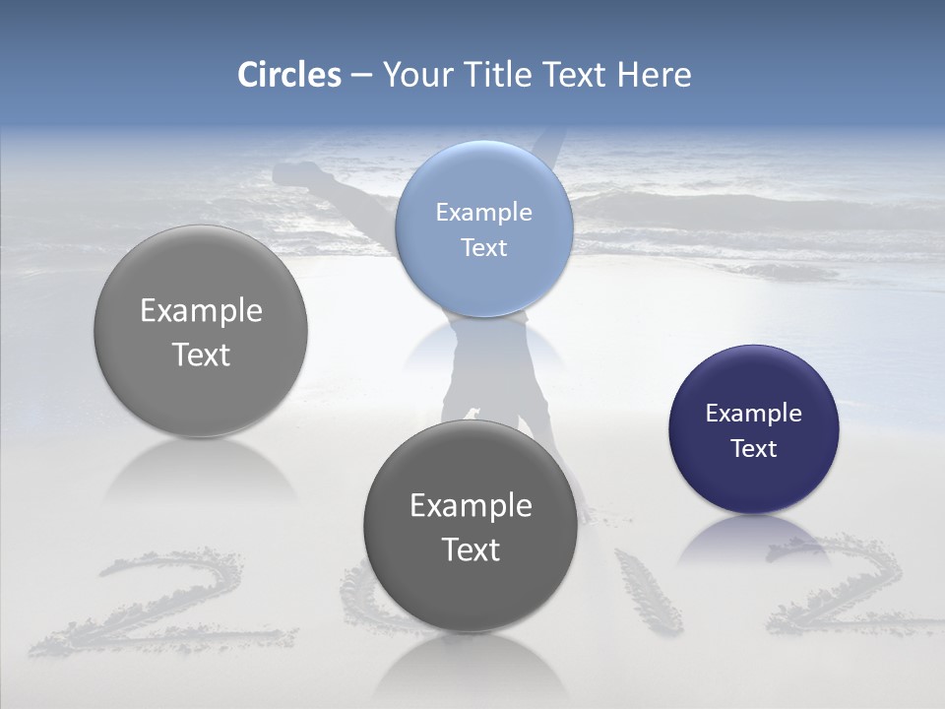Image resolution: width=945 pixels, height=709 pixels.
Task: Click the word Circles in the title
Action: [288, 75]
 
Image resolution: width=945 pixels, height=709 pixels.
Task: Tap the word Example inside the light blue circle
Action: [483, 212]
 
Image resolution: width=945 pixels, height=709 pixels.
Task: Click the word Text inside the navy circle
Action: [753, 449]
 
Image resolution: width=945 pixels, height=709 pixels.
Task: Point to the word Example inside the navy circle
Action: [753, 414]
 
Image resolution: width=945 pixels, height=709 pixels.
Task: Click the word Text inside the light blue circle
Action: [483, 247]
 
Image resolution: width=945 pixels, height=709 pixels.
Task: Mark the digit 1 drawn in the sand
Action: [648, 591]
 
